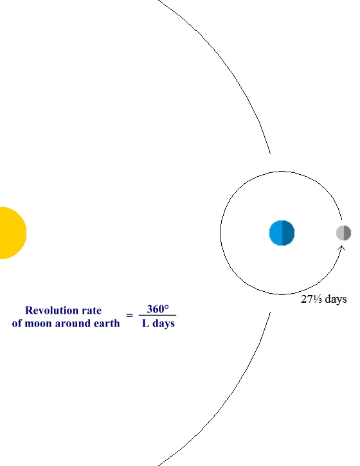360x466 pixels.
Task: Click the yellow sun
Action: point(12,233)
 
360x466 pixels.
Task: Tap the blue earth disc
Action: point(282,233)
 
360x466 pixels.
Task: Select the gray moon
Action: point(344,233)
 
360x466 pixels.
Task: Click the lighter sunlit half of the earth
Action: point(276,233)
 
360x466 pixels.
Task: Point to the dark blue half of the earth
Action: point(289,233)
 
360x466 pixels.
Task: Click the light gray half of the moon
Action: point(340,233)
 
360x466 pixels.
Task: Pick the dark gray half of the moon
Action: point(348,233)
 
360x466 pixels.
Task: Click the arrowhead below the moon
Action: point(342,248)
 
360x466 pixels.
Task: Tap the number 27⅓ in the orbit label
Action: point(311,299)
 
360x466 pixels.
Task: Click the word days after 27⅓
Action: point(336,299)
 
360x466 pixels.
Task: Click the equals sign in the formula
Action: point(129,315)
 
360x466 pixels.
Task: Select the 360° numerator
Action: point(157,309)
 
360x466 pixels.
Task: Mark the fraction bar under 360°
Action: point(157,315)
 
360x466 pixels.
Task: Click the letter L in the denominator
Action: point(146,323)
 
